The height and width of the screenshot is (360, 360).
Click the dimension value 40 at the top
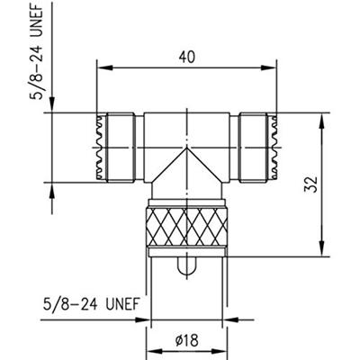[186, 56]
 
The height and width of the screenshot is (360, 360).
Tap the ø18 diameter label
[187, 339]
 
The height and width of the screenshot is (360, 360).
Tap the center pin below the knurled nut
[186, 268]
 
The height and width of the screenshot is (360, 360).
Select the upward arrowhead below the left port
[52, 187]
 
